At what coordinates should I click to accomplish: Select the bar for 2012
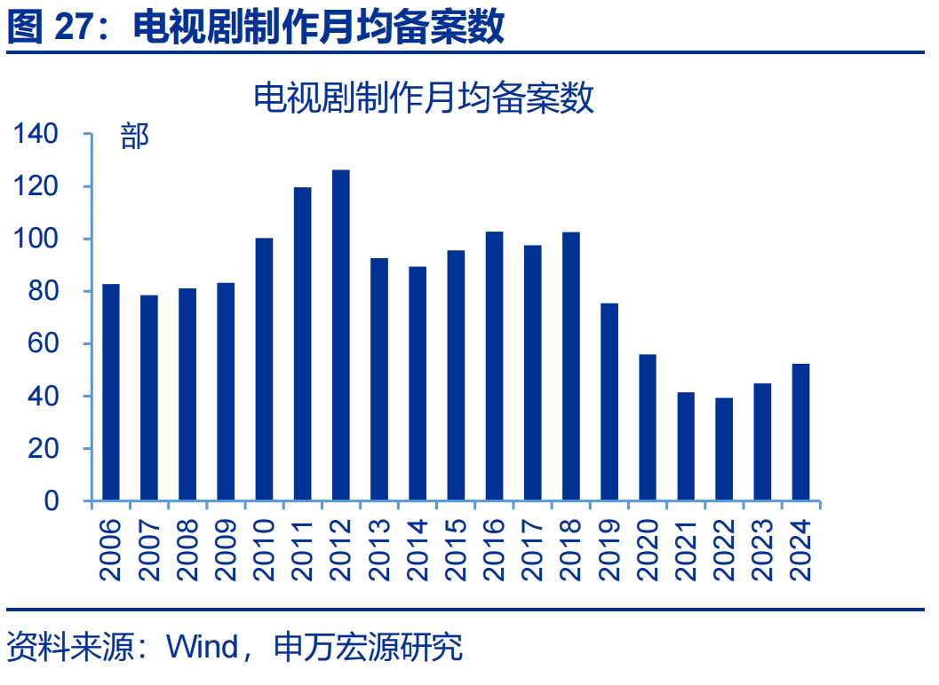pos(341,335)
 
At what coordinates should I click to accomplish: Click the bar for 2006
pos(111,392)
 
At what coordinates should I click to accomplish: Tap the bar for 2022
pos(724,449)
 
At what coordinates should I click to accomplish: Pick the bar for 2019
pos(609,402)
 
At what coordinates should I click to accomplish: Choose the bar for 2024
pos(800,432)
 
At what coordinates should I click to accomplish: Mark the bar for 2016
pos(494,366)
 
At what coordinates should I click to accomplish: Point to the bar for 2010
pos(264,369)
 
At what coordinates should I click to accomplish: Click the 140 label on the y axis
pos(36,133)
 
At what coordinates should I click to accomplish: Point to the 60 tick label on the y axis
pos(44,343)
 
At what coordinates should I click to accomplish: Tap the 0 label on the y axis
pos(52,500)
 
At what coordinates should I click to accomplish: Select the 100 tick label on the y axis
pos(36,239)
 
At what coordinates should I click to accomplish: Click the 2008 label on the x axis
pos(187,550)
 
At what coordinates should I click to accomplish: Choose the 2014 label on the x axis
pos(418,550)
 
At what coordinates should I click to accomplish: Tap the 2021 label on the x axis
pos(686,550)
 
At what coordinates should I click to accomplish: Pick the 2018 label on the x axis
pos(570,550)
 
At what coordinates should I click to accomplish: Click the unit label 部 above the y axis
pos(134,137)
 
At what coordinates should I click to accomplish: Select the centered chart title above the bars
pos(424,98)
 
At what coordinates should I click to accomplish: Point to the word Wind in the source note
pos(203,647)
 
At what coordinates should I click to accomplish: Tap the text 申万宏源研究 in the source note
pos(369,647)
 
